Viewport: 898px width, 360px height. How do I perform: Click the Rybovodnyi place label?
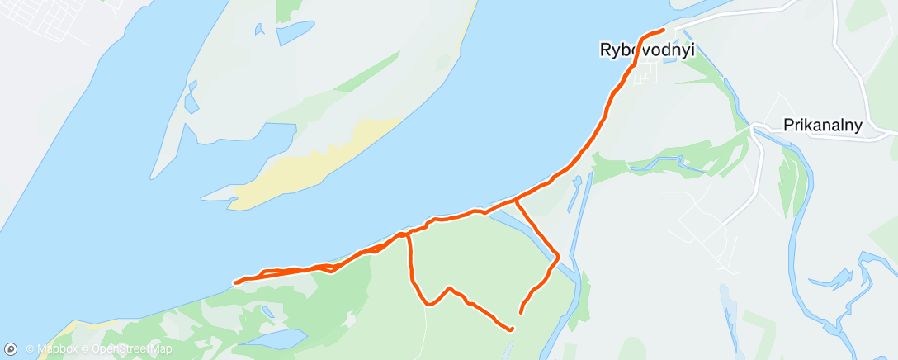pyautogui.click(x=645, y=50)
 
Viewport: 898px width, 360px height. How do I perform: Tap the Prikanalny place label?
pyautogui.click(x=822, y=126)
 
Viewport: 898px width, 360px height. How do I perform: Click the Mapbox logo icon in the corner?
pyautogui.click(x=12, y=348)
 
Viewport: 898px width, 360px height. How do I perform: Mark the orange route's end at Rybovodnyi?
pyautogui.click(x=664, y=31)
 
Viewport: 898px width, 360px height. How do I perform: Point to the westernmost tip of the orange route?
pyautogui.click(x=236, y=282)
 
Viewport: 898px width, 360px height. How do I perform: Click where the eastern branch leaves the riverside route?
pyautogui.click(x=515, y=199)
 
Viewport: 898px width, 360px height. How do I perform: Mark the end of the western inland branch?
pyautogui.click(x=512, y=329)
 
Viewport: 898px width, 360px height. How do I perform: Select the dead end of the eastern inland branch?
pyautogui.click(x=520, y=312)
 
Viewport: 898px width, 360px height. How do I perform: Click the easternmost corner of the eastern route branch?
pyautogui.click(x=558, y=255)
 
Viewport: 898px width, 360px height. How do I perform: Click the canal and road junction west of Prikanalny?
pyautogui.click(x=754, y=128)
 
